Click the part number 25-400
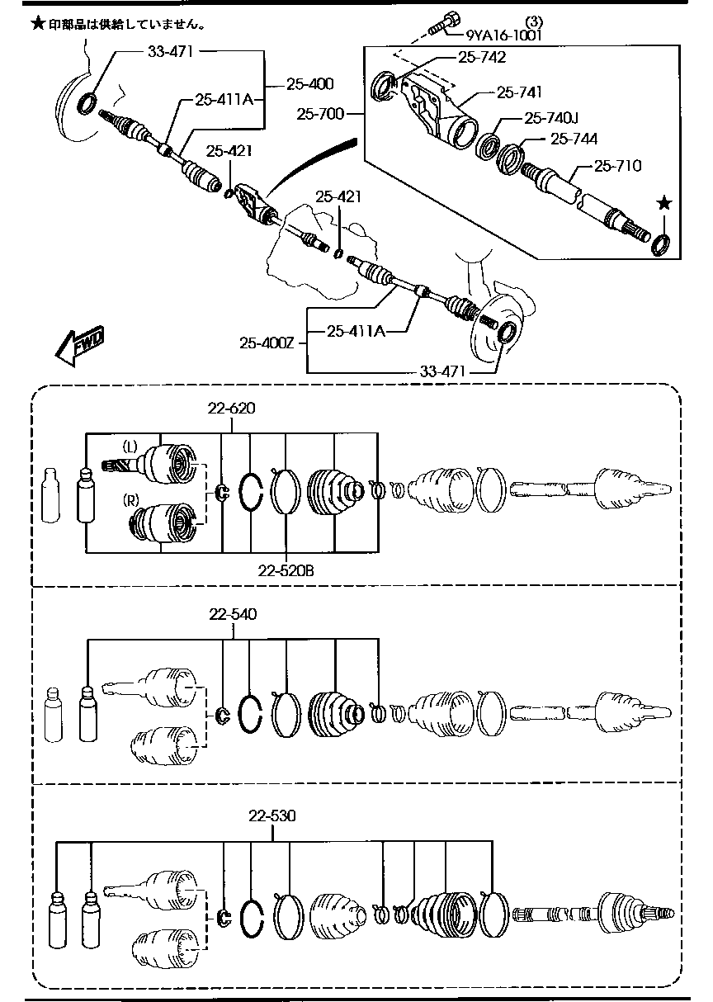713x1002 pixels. [310, 83]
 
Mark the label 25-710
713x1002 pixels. [616, 166]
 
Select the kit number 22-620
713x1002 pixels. [232, 407]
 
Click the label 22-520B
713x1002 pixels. [286, 570]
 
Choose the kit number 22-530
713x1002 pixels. [272, 816]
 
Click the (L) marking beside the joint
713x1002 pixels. [130, 446]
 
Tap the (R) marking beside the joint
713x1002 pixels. [130, 500]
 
